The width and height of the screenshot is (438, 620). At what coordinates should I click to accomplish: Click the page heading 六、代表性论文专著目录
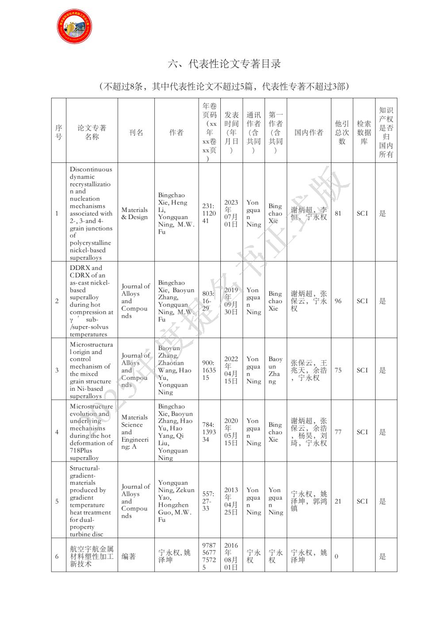(224, 64)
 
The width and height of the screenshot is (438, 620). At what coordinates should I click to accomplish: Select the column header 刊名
(136, 132)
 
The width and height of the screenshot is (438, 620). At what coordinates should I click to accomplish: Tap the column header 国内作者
(308, 132)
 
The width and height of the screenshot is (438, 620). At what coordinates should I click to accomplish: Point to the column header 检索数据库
(364, 132)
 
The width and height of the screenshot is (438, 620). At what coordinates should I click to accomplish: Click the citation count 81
(338, 213)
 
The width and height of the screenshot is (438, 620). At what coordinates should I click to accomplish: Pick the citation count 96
(338, 301)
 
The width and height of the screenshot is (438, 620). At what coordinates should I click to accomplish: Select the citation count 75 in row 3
(338, 370)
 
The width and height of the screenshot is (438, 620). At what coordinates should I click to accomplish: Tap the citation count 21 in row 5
(338, 501)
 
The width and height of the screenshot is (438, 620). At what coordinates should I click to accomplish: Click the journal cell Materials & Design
(135, 213)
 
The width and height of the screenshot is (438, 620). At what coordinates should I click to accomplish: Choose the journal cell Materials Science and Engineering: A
(135, 432)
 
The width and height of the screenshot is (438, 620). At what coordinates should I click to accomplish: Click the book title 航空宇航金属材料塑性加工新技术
(92, 556)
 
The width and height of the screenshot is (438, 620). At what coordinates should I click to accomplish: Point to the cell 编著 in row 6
(129, 556)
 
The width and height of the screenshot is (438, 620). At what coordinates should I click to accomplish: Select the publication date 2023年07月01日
(231, 213)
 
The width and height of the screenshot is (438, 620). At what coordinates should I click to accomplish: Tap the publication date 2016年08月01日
(231, 556)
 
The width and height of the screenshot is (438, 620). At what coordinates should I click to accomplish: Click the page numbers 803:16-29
(208, 301)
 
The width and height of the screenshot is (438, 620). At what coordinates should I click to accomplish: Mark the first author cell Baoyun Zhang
(275, 370)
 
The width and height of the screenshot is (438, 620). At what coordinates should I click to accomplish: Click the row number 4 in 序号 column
(57, 432)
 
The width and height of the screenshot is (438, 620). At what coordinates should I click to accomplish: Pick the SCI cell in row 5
(362, 501)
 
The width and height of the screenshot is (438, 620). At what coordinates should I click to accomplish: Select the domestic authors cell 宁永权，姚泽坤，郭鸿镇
(308, 501)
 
